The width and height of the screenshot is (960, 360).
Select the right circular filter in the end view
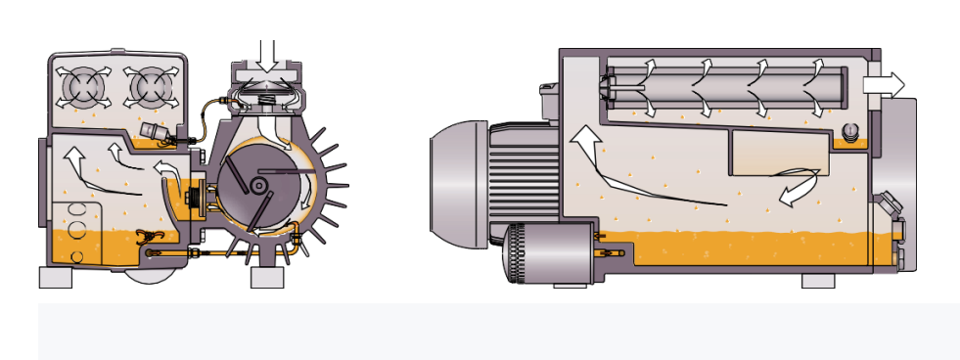point(149,88)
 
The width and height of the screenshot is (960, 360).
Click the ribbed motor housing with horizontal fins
point(523,180)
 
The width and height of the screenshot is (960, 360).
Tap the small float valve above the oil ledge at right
point(848,130)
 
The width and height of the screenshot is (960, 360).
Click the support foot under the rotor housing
point(267,277)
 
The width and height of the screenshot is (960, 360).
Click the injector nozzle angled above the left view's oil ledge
point(155,134)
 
